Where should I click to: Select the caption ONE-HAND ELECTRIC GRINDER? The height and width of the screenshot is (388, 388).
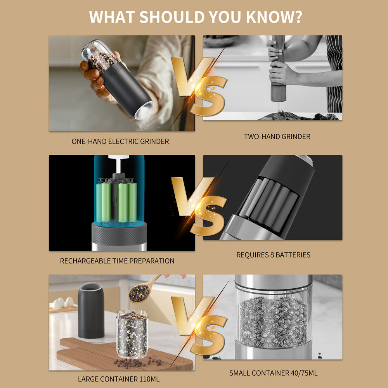(120, 141)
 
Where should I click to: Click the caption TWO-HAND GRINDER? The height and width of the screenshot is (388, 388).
(277, 136)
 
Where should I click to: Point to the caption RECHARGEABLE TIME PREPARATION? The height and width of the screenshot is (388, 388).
(117, 261)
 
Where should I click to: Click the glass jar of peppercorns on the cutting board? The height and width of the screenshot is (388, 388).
(132, 334)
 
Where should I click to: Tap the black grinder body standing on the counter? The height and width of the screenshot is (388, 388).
(91, 310)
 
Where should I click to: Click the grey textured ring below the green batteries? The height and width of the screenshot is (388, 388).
(119, 234)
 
